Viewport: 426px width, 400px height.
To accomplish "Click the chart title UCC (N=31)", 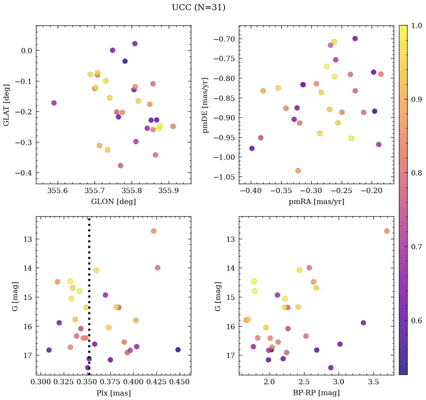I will [x=198, y=7].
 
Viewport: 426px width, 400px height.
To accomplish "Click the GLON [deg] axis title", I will [x=113, y=202].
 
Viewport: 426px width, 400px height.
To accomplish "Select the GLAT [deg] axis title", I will [x=7, y=105].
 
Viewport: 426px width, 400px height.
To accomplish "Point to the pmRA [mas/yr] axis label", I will [x=316, y=202].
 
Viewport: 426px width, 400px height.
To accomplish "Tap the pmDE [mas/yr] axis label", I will [x=205, y=105].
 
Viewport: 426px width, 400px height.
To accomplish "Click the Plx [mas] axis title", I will [x=113, y=393].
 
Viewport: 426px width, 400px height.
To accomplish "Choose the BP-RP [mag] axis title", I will [x=316, y=393].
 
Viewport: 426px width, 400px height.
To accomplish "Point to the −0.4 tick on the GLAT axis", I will [x=24, y=173].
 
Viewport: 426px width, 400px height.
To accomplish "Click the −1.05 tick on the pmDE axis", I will [x=224, y=177].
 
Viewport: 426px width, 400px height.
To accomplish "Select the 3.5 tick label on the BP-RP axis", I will [x=373, y=382].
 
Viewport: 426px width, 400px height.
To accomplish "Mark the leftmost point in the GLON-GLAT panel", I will [x=54, y=103].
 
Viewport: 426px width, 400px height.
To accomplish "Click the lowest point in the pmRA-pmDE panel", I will [x=298, y=171].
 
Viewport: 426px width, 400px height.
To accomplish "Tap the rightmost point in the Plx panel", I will [x=178, y=350].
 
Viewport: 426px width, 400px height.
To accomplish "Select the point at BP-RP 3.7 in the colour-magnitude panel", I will [x=387, y=231].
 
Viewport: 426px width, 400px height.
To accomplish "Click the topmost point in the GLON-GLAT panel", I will [x=135, y=43].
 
